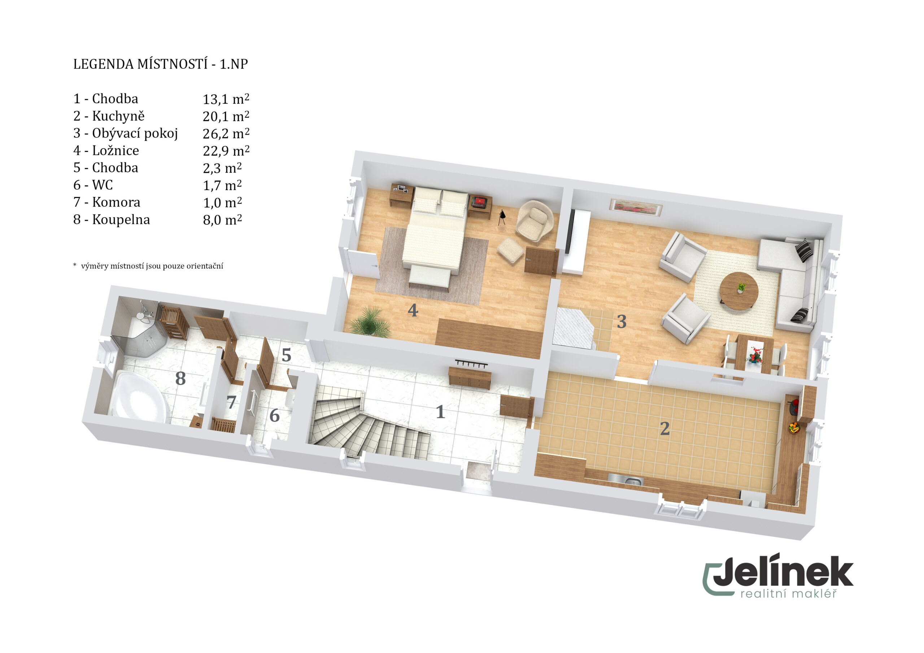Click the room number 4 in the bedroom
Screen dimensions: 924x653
tap(413, 310)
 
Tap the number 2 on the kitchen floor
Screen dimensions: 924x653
tap(664, 429)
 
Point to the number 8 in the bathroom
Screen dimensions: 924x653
tap(180, 378)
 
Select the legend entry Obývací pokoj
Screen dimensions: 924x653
tap(135, 133)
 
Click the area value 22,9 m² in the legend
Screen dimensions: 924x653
tap(226, 150)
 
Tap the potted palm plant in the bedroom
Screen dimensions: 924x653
tap(370, 321)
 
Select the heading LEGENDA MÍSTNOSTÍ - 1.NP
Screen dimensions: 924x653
tap(161, 64)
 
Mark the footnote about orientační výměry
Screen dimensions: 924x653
tap(148, 266)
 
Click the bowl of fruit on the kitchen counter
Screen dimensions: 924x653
tap(794, 427)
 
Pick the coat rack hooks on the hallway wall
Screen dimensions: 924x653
tap(471, 363)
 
